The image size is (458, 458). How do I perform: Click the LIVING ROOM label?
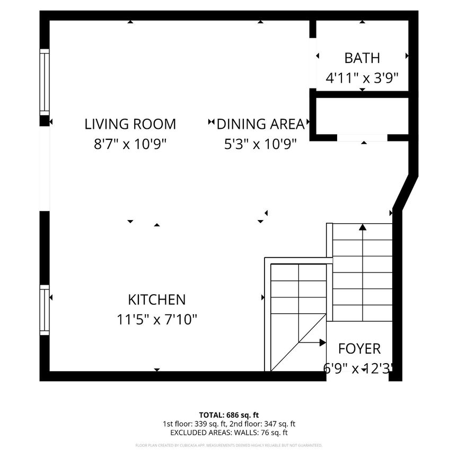[x=130, y=124]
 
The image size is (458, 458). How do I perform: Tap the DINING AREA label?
[x=260, y=124]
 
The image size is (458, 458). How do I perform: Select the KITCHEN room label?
[x=156, y=300]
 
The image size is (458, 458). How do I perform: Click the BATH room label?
[x=362, y=58]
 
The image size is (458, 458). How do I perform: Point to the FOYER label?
[x=359, y=348]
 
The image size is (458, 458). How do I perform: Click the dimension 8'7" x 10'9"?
[x=130, y=144]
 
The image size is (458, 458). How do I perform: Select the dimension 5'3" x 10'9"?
[x=260, y=144]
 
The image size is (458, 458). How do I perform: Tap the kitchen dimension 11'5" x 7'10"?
[x=156, y=319]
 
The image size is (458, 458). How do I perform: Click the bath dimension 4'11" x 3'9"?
[x=362, y=78]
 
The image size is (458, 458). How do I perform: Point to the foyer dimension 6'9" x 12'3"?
[x=359, y=368]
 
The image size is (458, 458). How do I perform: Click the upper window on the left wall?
[x=45, y=82]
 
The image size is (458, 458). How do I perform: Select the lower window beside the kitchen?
[x=45, y=310]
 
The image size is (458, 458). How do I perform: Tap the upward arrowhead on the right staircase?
[x=363, y=227]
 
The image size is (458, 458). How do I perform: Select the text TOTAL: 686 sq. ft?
[x=229, y=415]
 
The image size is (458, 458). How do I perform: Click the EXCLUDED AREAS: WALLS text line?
[x=229, y=433]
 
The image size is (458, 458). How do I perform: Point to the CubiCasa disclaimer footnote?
[x=229, y=445]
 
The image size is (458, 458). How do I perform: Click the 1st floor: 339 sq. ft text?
[x=196, y=424]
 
